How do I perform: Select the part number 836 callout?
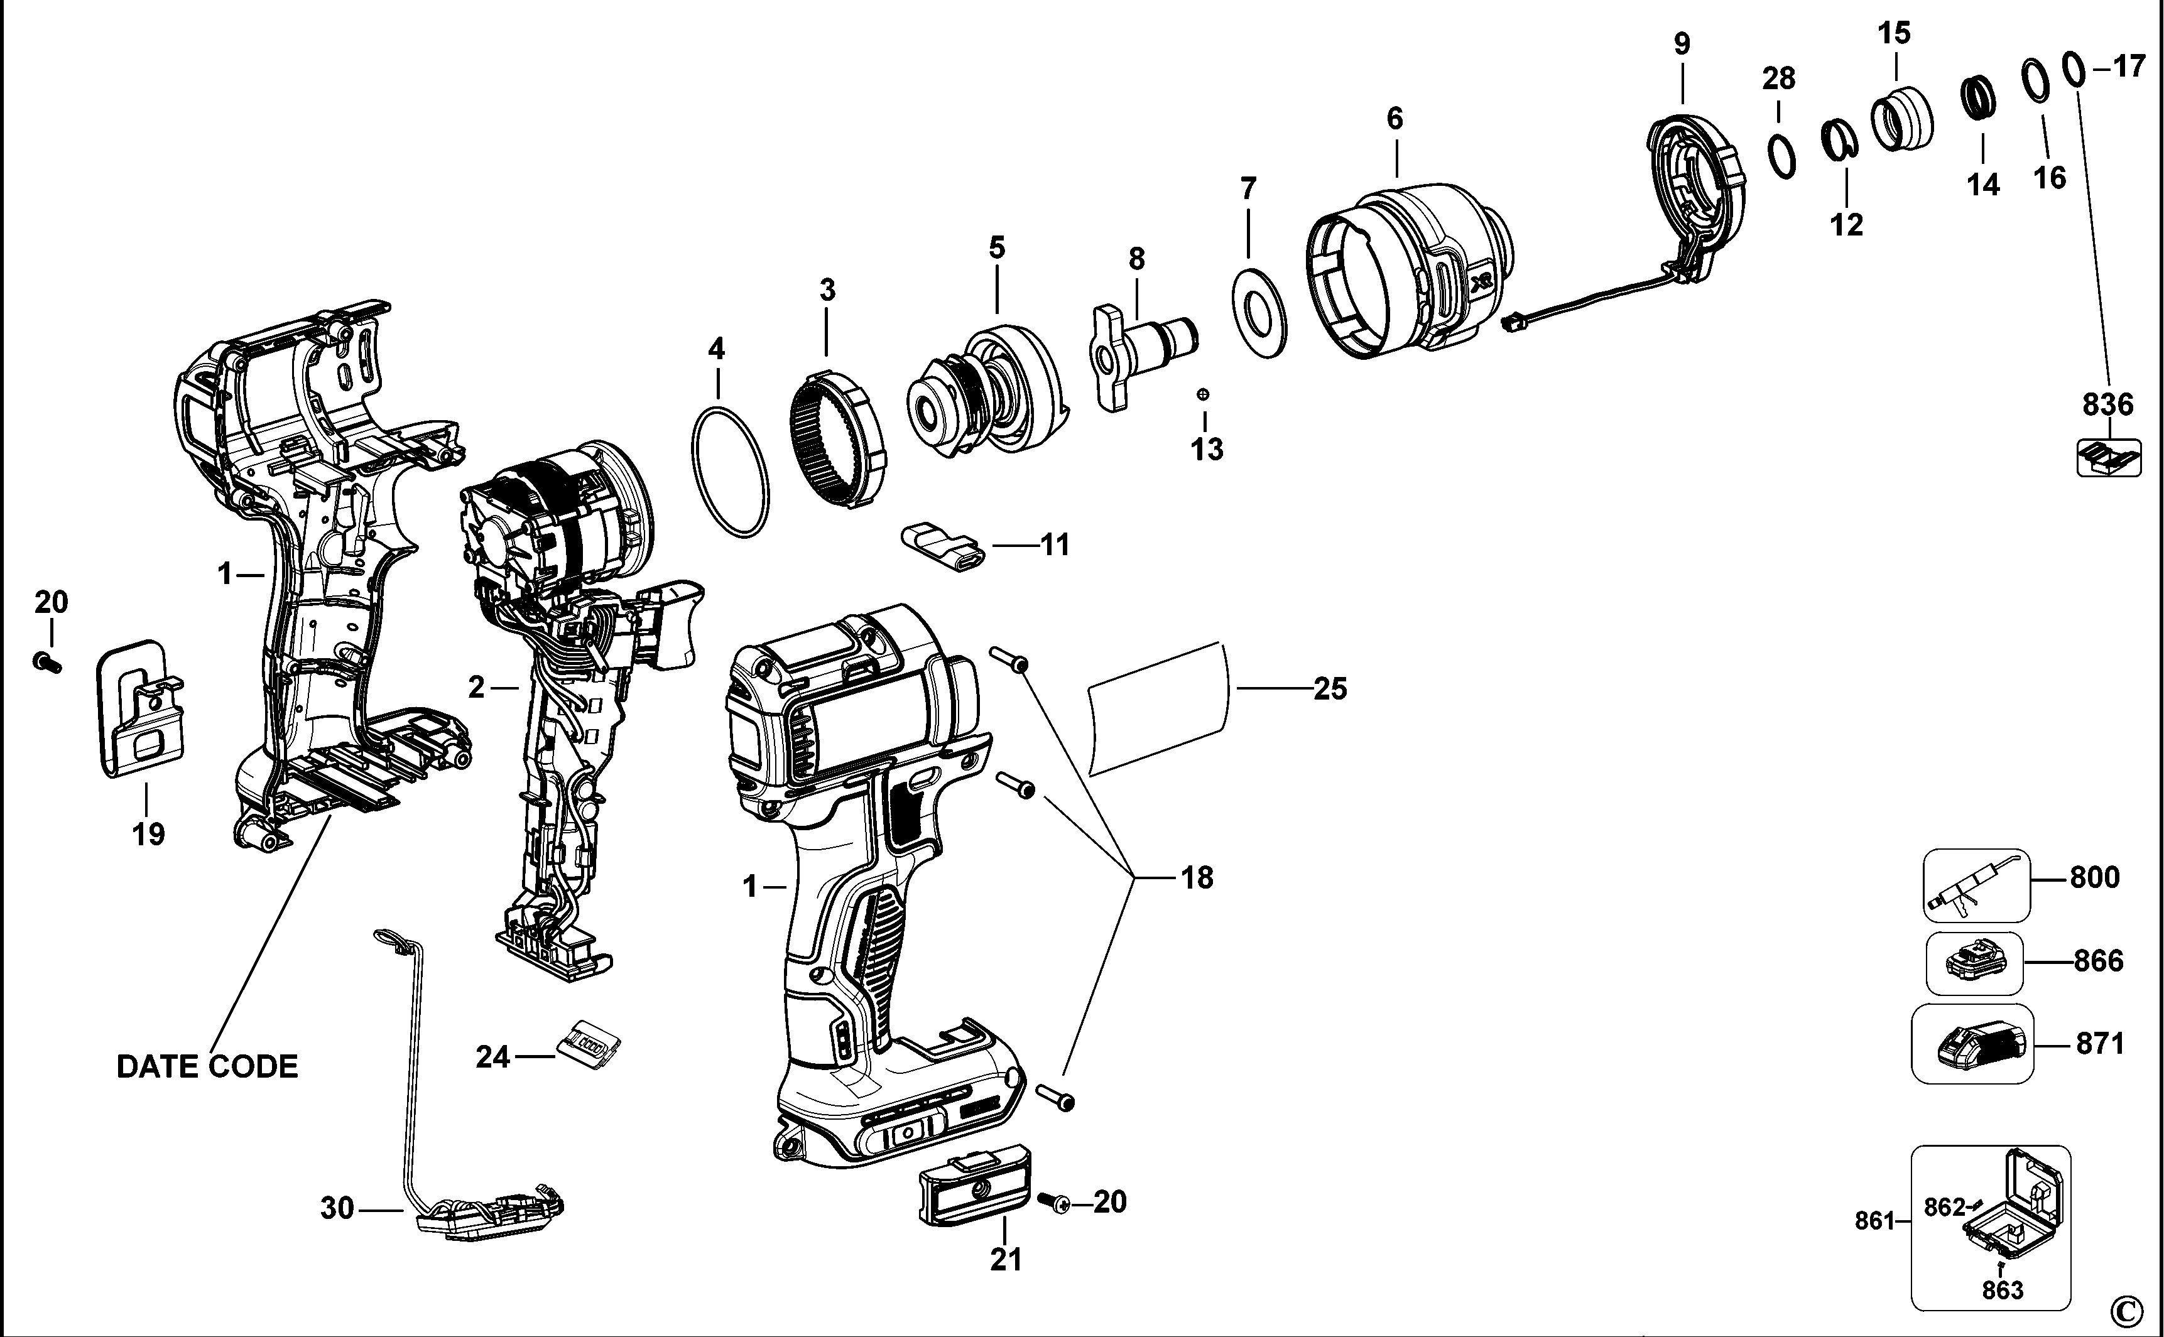coord(2108,405)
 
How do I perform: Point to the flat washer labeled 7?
coord(1258,315)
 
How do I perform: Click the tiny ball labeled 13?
coord(1203,394)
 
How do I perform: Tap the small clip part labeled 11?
coord(943,548)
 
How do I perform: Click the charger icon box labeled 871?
coord(1972,1044)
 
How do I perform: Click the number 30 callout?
coord(337,1208)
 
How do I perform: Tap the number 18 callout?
coord(1197,878)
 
